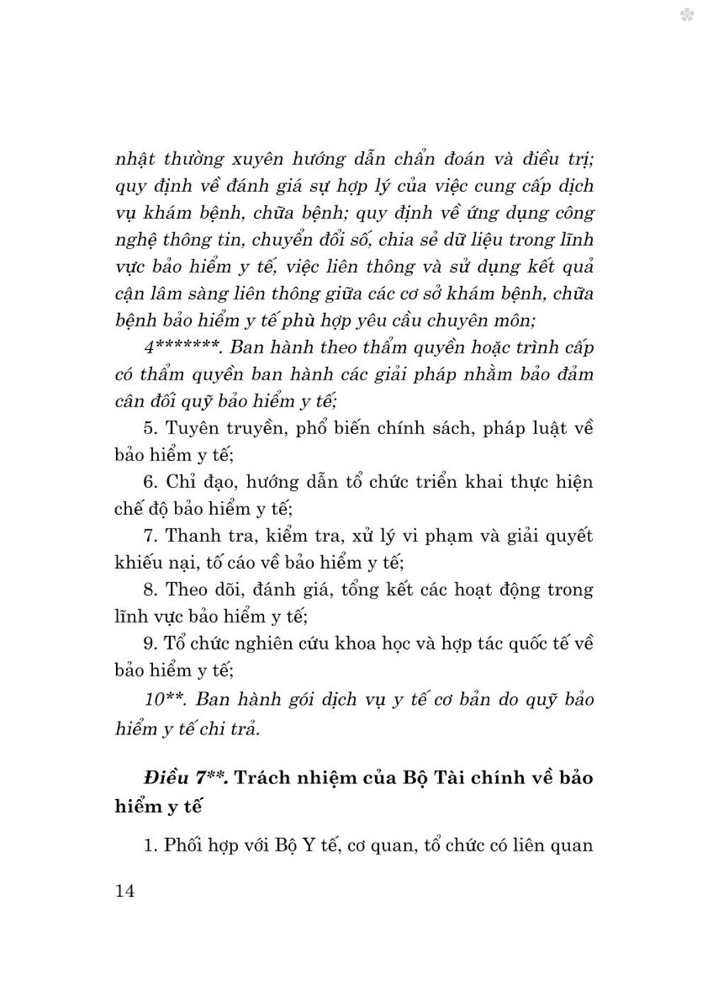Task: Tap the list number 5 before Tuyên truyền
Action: [x=149, y=429]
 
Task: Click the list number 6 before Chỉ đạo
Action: [x=149, y=482]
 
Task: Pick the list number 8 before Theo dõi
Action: [x=149, y=589]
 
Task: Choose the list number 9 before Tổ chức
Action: [x=149, y=643]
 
